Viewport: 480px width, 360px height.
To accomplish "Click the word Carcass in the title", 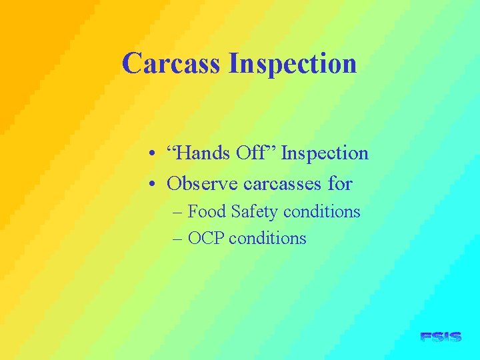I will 172,64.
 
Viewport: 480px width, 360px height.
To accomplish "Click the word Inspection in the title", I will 293,64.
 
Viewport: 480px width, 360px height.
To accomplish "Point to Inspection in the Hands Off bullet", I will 325,154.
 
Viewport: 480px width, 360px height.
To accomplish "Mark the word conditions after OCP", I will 267,238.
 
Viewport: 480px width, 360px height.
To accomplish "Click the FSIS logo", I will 441,337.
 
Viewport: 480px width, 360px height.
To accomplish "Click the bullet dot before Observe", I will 153,183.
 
